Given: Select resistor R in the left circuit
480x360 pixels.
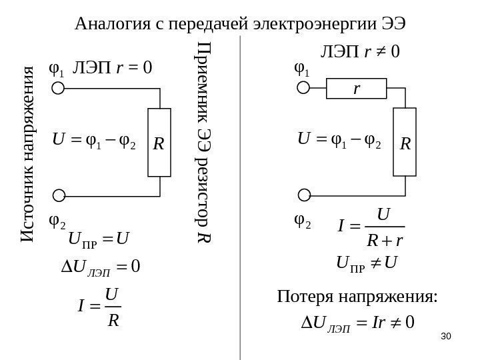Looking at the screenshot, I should pos(160,142).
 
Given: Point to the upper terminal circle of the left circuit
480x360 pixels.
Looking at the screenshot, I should pos(59,88).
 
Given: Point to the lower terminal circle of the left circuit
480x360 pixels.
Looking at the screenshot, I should pos(59,195).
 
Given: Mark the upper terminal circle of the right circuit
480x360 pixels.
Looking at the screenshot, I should pos(303,88).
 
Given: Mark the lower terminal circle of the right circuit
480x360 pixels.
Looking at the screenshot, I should pos(303,195).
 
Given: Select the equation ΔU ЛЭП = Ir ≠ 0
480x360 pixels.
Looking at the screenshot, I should pos(358,325).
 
